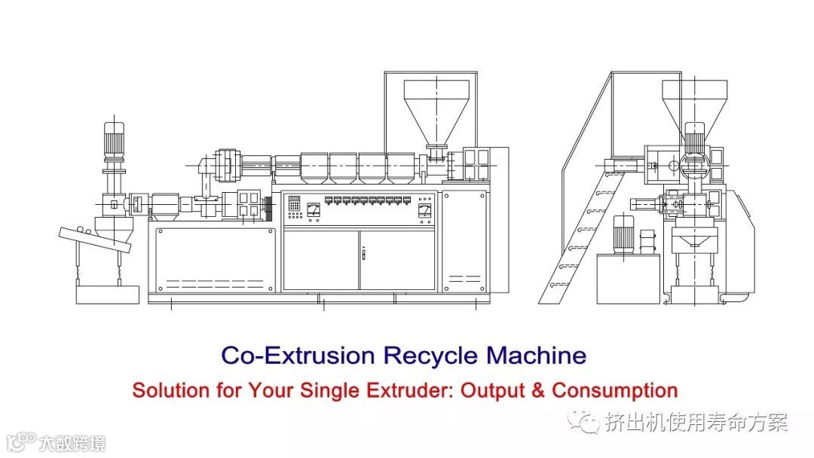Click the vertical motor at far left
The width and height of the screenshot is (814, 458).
click(x=114, y=141)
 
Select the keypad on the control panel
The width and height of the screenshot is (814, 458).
click(x=294, y=207)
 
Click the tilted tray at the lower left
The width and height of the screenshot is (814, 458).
click(x=95, y=240)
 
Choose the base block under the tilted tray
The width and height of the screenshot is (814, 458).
click(x=109, y=293)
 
